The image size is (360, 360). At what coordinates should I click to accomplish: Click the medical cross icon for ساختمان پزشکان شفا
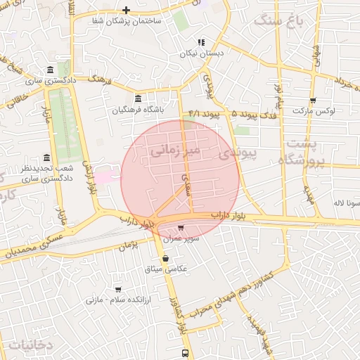pos(126,10)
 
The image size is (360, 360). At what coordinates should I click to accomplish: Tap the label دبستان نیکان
pos(200,53)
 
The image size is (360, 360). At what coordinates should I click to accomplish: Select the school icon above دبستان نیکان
pos(201,42)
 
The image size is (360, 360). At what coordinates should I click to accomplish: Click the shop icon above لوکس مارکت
pos(313,100)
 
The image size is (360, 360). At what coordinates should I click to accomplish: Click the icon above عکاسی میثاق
pos(165,258)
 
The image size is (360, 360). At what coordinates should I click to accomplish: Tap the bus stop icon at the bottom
pos(185,353)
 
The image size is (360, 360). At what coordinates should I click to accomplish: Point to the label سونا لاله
pos(347,202)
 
